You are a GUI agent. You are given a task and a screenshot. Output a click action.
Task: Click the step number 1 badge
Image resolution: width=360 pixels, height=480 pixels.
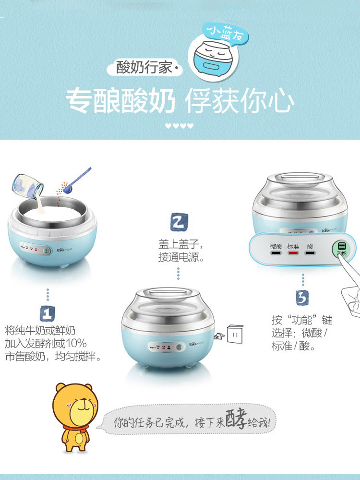[x=48, y=313]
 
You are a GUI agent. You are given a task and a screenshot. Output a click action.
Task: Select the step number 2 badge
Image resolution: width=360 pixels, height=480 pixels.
[x=179, y=222]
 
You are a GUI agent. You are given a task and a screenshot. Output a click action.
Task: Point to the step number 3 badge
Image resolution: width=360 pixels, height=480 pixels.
[x=302, y=298]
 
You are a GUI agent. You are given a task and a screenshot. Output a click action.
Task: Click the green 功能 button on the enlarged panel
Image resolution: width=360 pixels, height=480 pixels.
[x=341, y=249]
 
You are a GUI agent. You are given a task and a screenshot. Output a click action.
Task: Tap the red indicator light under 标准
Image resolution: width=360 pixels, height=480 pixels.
[x=293, y=253]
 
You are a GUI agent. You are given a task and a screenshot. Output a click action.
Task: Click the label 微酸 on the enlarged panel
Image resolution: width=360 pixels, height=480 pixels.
[x=276, y=246]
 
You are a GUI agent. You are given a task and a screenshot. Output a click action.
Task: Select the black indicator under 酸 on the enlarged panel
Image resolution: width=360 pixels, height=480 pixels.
[x=310, y=253]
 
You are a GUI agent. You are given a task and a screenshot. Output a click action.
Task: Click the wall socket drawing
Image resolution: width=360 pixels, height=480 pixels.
[x=235, y=334]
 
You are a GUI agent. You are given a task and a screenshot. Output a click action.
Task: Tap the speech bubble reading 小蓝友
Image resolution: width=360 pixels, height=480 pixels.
[x=226, y=33]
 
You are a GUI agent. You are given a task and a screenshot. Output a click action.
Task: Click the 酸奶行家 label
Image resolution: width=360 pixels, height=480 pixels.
[x=144, y=67]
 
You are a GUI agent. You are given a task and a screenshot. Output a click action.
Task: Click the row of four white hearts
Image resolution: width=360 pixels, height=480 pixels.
[x=179, y=125]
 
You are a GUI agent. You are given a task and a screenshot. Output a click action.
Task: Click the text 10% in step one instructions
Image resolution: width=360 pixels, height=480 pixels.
[x=76, y=344]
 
